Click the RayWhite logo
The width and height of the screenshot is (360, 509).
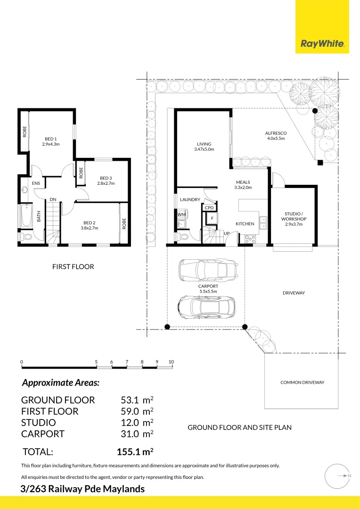pos(322,44)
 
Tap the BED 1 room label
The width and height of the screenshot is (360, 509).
pos(51,139)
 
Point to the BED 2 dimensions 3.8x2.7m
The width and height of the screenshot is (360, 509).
pos(89,228)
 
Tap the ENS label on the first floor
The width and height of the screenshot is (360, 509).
pos(36,183)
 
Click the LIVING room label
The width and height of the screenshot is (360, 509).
pos(204,144)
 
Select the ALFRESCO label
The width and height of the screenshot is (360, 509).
pos(276,133)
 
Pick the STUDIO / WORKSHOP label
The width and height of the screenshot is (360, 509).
pos(294,216)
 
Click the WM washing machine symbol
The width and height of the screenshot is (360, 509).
pos(181,214)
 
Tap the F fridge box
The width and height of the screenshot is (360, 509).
pos(213,218)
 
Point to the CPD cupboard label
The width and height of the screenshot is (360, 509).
pos(209,207)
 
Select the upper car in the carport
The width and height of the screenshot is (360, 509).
pos(206,271)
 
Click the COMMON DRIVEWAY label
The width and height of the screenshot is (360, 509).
pos(302,382)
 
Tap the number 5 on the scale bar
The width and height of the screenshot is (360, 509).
pos(96,362)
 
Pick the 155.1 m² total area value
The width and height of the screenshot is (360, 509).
pos(135,452)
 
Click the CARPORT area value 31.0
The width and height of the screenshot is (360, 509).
pos(130,434)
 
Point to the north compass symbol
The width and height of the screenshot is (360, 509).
pos(338,476)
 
